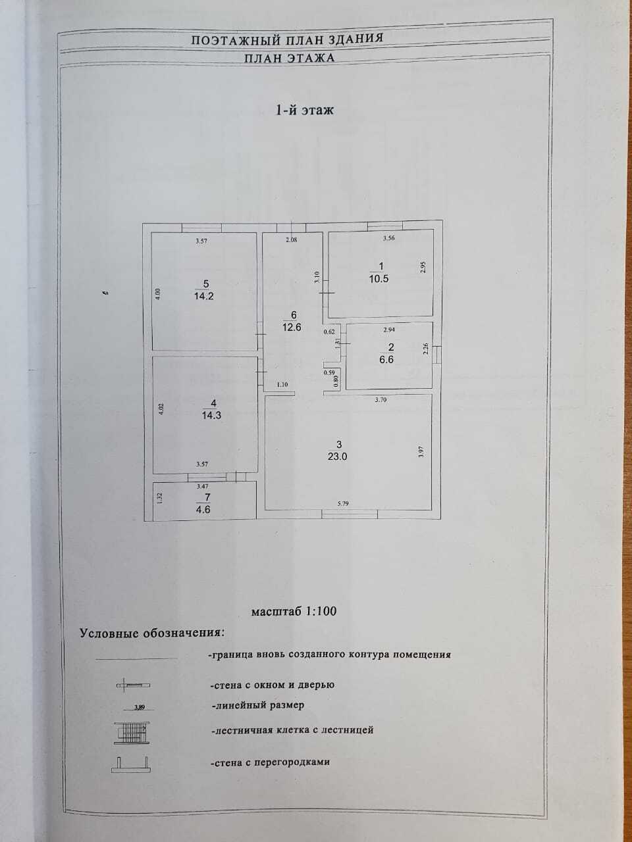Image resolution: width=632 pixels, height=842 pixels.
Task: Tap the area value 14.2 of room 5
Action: coord(206,296)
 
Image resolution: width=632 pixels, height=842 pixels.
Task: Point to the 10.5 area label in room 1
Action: coord(379,278)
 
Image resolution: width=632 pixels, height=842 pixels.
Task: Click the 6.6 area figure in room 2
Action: coord(391,360)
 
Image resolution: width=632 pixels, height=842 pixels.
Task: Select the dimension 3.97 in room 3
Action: coord(421,452)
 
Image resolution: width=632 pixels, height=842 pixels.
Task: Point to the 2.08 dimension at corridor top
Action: coord(291,240)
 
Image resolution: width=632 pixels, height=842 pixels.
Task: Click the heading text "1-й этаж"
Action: coord(304,111)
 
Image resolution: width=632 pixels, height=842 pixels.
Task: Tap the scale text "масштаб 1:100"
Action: coord(294,611)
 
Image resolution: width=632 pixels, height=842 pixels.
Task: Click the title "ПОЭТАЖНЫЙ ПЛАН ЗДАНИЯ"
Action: coord(287,39)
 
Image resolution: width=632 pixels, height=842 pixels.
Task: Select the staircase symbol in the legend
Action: coord(134,731)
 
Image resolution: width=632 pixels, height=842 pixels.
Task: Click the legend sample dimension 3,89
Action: coord(139,708)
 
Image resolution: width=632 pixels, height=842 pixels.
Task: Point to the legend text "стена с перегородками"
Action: coord(271,762)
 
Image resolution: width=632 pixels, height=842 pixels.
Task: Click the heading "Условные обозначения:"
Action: coord(151,633)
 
